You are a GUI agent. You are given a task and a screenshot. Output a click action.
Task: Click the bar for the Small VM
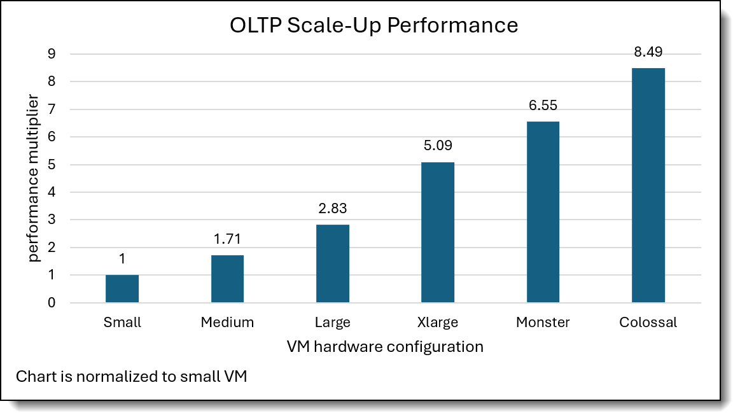122,289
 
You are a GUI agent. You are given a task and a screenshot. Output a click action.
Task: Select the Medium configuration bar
227,279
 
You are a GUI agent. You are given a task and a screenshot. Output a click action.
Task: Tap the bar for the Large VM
333,263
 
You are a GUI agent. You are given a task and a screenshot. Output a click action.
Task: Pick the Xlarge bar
438,232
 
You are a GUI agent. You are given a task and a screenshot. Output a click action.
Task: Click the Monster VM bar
543,212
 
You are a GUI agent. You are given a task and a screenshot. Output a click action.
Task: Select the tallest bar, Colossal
648,185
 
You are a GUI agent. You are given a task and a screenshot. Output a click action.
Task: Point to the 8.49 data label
648,52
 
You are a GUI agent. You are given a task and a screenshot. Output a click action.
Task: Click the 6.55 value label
543,106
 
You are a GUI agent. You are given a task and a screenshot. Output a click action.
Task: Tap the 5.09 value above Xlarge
438,146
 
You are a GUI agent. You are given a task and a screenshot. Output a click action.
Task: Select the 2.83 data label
333,209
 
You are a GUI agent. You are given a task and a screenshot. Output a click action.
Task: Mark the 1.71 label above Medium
227,240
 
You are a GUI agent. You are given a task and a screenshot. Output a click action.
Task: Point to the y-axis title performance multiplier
34,178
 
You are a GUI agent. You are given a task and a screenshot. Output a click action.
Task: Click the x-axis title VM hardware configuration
385,347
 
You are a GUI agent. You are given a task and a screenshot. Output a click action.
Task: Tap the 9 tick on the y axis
51,54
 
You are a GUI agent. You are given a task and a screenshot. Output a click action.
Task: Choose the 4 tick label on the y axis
51,192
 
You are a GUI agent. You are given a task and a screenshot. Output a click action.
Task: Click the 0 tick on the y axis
51,303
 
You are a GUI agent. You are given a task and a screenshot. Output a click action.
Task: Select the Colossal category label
648,323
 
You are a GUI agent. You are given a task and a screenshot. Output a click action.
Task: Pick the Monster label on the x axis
543,323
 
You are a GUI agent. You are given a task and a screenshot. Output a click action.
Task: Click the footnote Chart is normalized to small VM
131,376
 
